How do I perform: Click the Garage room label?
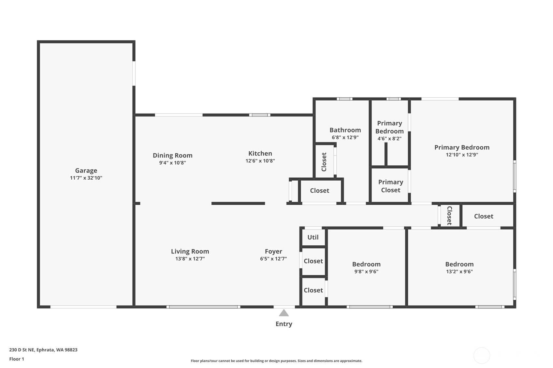coord(86,170)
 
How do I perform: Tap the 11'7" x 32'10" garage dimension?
coord(86,178)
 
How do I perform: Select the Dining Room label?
coord(173,156)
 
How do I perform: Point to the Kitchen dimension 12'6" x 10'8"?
coord(260,161)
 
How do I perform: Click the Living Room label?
coord(190,252)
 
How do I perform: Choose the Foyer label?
coord(273,252)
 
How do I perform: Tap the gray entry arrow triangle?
coord(284,313)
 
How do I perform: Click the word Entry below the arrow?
coord(284,324)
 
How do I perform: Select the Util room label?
coord(313,238)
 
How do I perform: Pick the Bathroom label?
coord(345,130)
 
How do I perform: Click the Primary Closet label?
coord(391,186)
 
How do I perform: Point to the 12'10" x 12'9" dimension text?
coord(462,155)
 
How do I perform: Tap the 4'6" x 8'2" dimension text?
coord(389,139)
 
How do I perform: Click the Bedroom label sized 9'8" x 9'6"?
coord(366,264)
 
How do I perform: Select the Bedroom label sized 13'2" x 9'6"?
coord(459,264)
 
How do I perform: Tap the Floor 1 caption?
coord(17,359)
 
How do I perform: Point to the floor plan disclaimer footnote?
coord(276,361)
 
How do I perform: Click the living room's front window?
coord(203,307)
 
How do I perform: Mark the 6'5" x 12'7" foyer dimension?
coord(273,259)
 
